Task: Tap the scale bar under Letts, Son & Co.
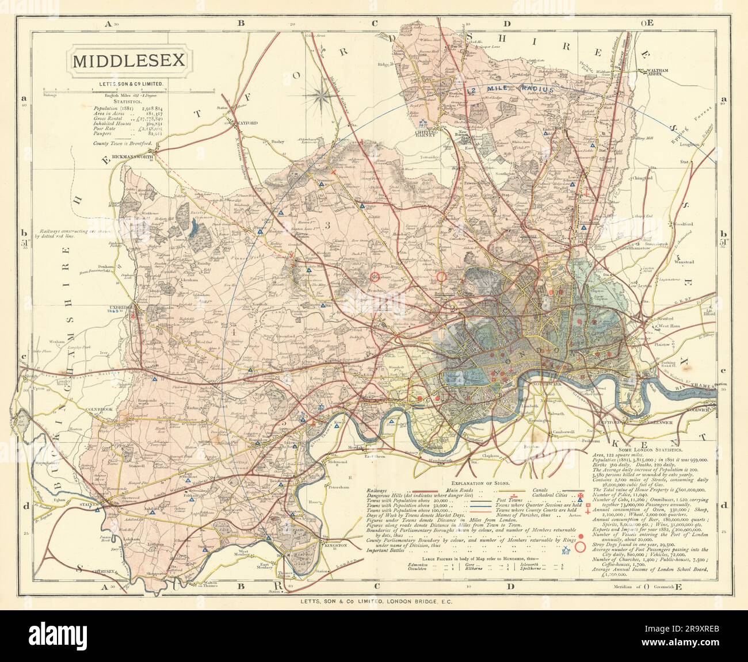pos(129,90)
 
